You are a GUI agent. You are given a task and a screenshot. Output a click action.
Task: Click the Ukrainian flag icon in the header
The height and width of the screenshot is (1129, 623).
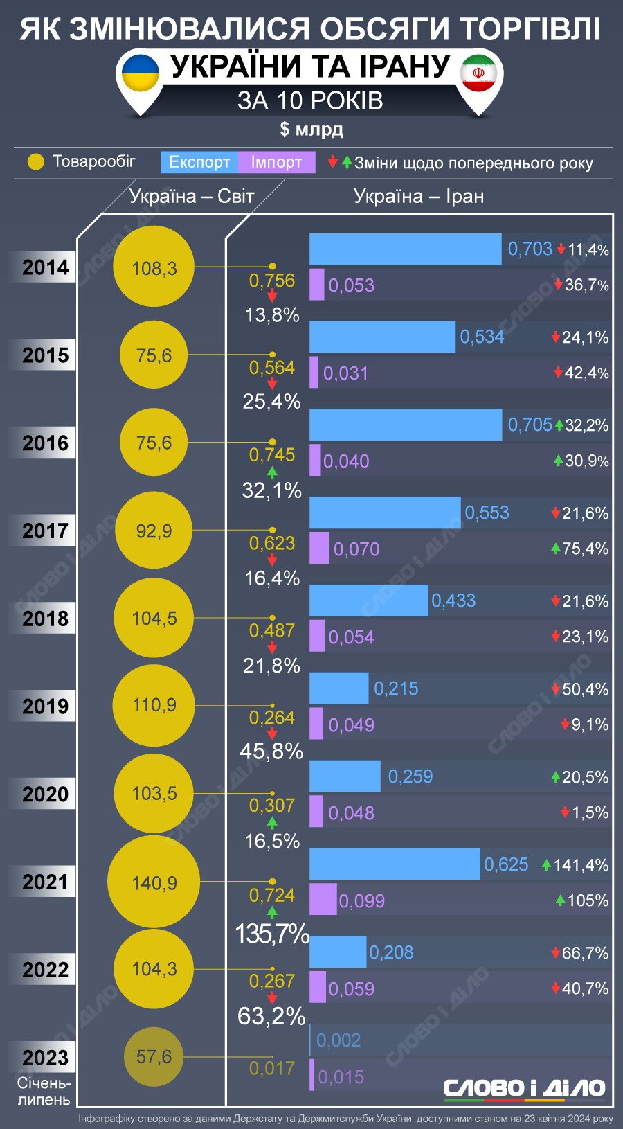[x=141, y=73]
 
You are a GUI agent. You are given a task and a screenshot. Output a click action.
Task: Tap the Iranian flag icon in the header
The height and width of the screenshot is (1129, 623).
[x=479, y=73]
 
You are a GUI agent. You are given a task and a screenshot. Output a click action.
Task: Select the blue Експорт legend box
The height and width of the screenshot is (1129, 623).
[x=199, y=162]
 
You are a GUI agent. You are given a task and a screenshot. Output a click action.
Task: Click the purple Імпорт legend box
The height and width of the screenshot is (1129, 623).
[x=276, y=162]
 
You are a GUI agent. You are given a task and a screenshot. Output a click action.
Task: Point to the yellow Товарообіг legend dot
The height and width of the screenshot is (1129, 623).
[x=35, y=162]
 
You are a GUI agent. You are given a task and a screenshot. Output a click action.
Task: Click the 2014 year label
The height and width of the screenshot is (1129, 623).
[x=45, y=267]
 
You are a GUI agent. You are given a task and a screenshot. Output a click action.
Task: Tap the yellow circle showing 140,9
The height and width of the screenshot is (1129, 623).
[x=154, y=882]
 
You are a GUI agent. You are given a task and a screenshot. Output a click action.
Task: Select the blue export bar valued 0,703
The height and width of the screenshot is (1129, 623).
[x=405, y=249]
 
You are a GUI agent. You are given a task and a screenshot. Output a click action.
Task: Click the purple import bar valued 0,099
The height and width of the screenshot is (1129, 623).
[x=323, y=899]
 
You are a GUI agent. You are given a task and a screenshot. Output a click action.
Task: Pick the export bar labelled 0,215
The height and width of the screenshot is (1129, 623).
[x=338, y=688]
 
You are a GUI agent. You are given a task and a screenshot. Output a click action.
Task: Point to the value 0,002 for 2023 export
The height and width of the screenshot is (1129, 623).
[x=338, y=1040]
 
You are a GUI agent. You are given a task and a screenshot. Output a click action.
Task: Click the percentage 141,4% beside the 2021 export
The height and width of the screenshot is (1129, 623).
[x=581, y=865]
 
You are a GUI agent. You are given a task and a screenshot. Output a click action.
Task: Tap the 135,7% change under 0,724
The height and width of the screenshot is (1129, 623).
[x=272, y=934]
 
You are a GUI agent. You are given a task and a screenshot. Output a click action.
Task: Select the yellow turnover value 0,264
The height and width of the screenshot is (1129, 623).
[x=272, y=718]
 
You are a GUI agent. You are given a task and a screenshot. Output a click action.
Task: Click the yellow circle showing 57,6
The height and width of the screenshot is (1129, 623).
[x=154, y=1057]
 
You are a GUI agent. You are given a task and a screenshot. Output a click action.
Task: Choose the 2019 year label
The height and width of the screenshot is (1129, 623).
[x=45, y=706]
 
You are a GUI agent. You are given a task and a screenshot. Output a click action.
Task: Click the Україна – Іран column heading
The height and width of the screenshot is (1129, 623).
[x=419, y=197]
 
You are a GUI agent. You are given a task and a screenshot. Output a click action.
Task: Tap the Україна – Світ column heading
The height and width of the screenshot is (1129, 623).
[x=192, y=197]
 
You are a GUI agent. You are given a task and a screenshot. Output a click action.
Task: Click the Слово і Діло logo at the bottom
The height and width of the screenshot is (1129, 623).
[x=524, y=1088]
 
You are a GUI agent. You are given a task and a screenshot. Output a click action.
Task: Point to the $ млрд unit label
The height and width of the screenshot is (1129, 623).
[x=311, y=130]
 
